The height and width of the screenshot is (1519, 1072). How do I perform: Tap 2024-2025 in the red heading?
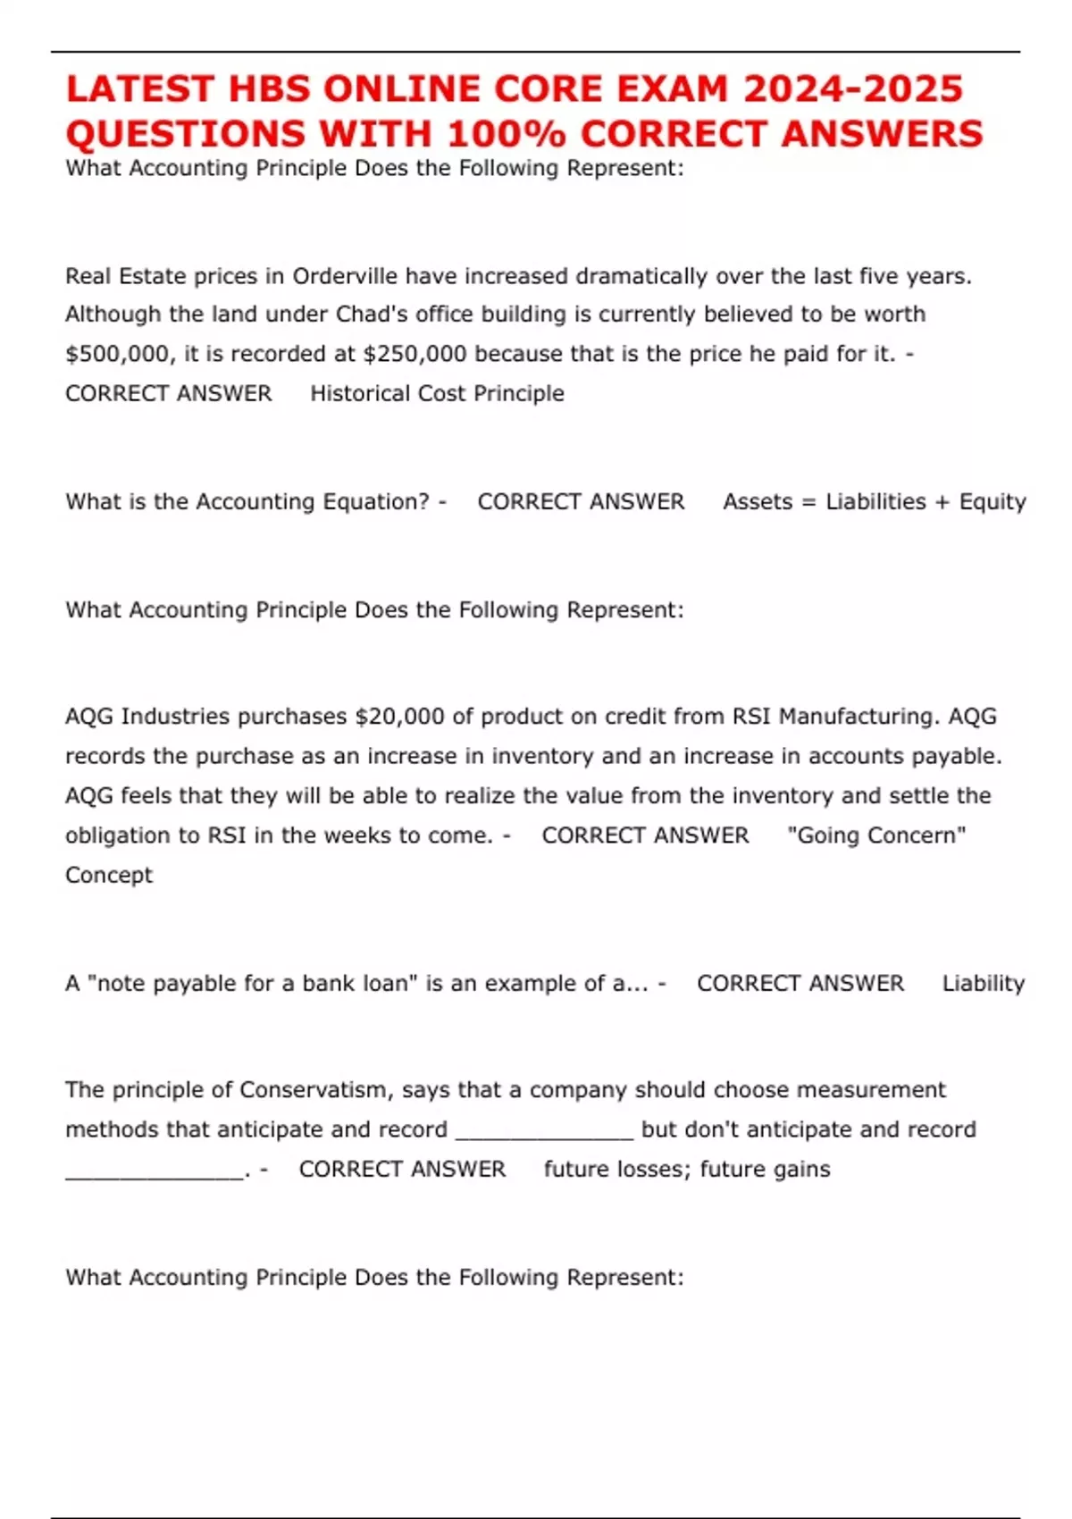(853, 89)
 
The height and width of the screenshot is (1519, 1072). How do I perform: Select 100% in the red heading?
(506, 134)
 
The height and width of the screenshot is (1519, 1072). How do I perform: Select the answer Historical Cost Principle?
(437, 393)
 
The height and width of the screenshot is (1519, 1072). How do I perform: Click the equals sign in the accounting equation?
(808, 502)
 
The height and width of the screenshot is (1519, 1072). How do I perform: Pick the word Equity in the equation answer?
(992, 502)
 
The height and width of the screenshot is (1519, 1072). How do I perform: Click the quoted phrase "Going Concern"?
(876, 835)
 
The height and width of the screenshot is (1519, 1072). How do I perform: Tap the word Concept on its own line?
(109, 875)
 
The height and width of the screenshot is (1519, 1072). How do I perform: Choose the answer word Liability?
(983, 983)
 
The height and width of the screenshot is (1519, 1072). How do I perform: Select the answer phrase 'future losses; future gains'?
(687, 1169)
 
